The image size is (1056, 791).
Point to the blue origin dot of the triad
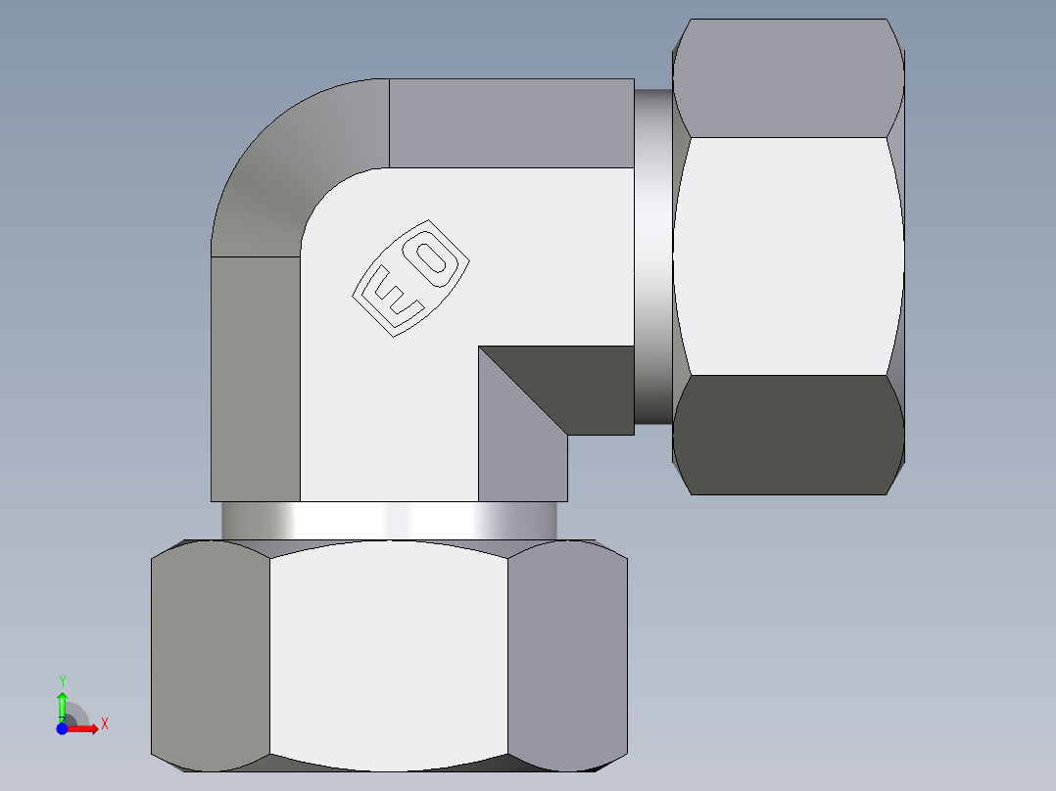click(x=62, y=728)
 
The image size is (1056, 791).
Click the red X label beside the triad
click(x=104, y=724)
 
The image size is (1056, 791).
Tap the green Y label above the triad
click(x=62, y=679)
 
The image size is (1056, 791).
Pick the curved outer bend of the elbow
click(x=274, y=176)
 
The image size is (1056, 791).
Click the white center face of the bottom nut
click(x=389, y=651)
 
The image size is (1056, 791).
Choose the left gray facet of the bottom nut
click(x=210, y=651)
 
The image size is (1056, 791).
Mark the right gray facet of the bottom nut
click(x=567, y=651)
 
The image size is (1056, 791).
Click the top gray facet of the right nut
click(x=789, y=78)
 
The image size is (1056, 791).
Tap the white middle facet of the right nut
click(x=789, y=256)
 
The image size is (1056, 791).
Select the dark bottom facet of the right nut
click(x=789, y=436)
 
